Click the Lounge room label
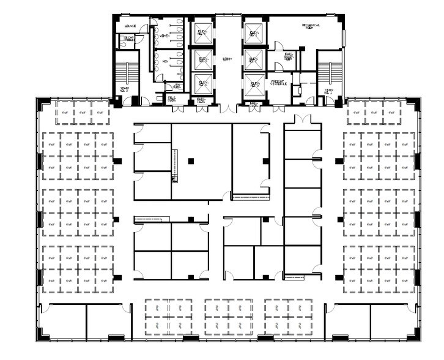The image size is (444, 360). [130, 26]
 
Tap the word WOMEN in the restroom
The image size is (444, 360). [165, 36]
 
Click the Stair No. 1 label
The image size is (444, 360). [329, 91]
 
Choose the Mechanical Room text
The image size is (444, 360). [311, 28]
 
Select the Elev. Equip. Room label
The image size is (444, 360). [289, 58]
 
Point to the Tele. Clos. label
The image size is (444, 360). [172, 98]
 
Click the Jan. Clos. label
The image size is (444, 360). [177, 86]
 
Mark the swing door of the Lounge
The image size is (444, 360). [147, 29]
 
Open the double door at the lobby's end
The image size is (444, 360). [227, 110]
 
